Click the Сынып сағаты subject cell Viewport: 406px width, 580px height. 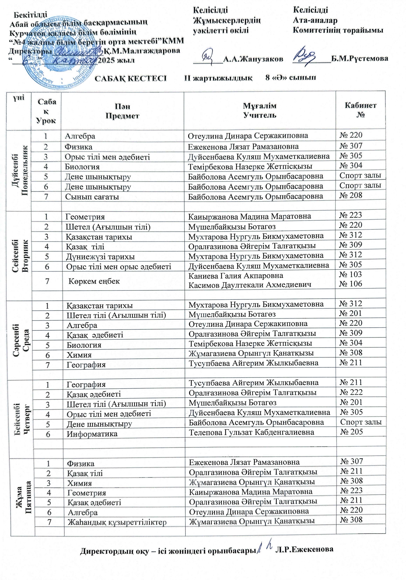[92, 197]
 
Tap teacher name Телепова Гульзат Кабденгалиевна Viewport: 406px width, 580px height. [251, 432]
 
